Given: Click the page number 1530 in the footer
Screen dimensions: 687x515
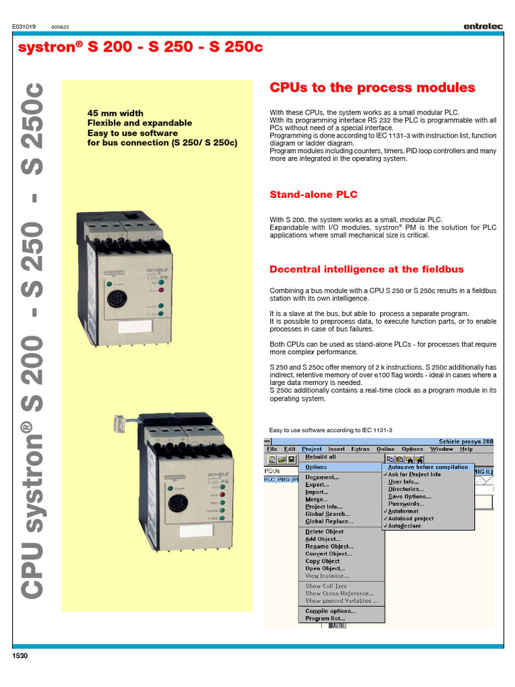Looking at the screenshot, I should click(21, 655).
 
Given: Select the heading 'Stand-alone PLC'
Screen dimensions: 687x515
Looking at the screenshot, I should click(313, 195).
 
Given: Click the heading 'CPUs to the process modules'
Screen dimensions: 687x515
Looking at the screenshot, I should click(372, 88).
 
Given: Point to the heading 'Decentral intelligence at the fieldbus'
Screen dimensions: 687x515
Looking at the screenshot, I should click(366, 269).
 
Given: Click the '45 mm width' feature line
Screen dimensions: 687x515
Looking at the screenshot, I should click(115, 113).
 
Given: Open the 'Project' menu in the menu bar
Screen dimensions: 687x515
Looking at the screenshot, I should click(312, 449).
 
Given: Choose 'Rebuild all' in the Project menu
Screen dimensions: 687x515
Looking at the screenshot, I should click(321, 457).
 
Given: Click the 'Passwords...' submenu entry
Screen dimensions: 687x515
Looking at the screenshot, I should click(406, 504).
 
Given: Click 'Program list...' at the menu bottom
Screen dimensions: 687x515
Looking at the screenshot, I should click(325, 619).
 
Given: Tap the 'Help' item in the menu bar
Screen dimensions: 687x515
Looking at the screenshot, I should click(466, 449).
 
